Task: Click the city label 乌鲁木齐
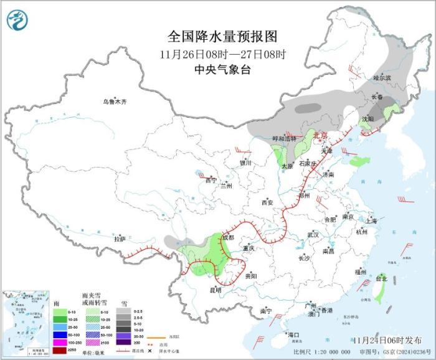click(x=115, y=102)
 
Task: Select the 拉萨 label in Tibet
click(x=120, y=239)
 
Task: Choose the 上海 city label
click(x=371, y=220)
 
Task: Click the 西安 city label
click(x=267, y=202)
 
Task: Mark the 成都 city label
click(x=227, y=237)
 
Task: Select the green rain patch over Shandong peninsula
click(x=359, y=161)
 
